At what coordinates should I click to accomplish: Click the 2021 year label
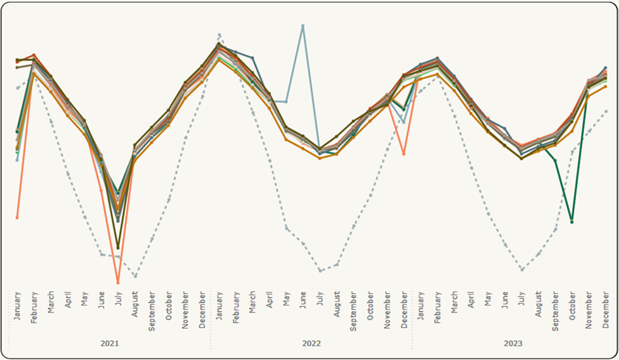pyautogui.click(x=110, y=343)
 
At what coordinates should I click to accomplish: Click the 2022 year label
pyautogui.click(x=311, y=343)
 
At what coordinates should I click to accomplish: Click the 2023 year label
pyautogui.click(x=513, y=343)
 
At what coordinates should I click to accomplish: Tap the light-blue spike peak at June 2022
pyautogui.click(x=303, y=26)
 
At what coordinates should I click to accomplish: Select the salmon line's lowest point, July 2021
pyautogui.click(x=118, y=282)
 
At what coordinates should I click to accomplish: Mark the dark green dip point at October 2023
pyautogui.click(x=571, y=222)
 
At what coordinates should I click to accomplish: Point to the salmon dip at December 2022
pyautogui.click(x=404, y=154)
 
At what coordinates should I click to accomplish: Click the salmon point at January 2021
pyautogui.click(x=17, y=217)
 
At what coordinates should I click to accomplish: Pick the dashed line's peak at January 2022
pyautogui.click(x=219, y=35)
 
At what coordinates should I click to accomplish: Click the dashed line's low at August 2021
pyautogui.click(x=135, y=276)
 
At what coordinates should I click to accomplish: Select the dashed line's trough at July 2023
pyautogui.click(x=521, y=269)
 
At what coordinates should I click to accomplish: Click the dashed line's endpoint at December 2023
pyautogui.click(x=606, y=112)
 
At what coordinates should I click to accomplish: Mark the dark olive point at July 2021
pyautogui.click(x=118, y=248)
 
